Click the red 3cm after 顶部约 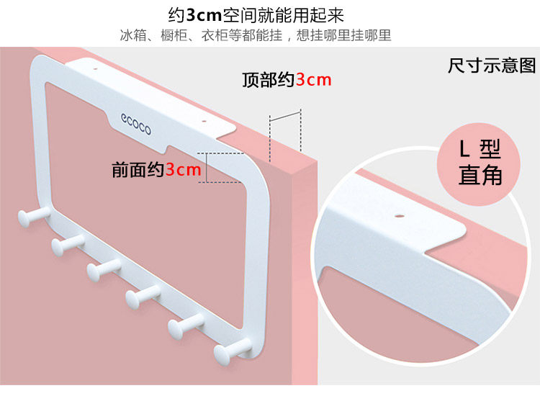coord(314,79)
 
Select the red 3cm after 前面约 coord(183,170)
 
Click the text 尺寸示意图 coord(492,66)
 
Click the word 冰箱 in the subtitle coord(132,35)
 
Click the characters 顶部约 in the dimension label coord(268,79)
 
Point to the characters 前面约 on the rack coord(138,170)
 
